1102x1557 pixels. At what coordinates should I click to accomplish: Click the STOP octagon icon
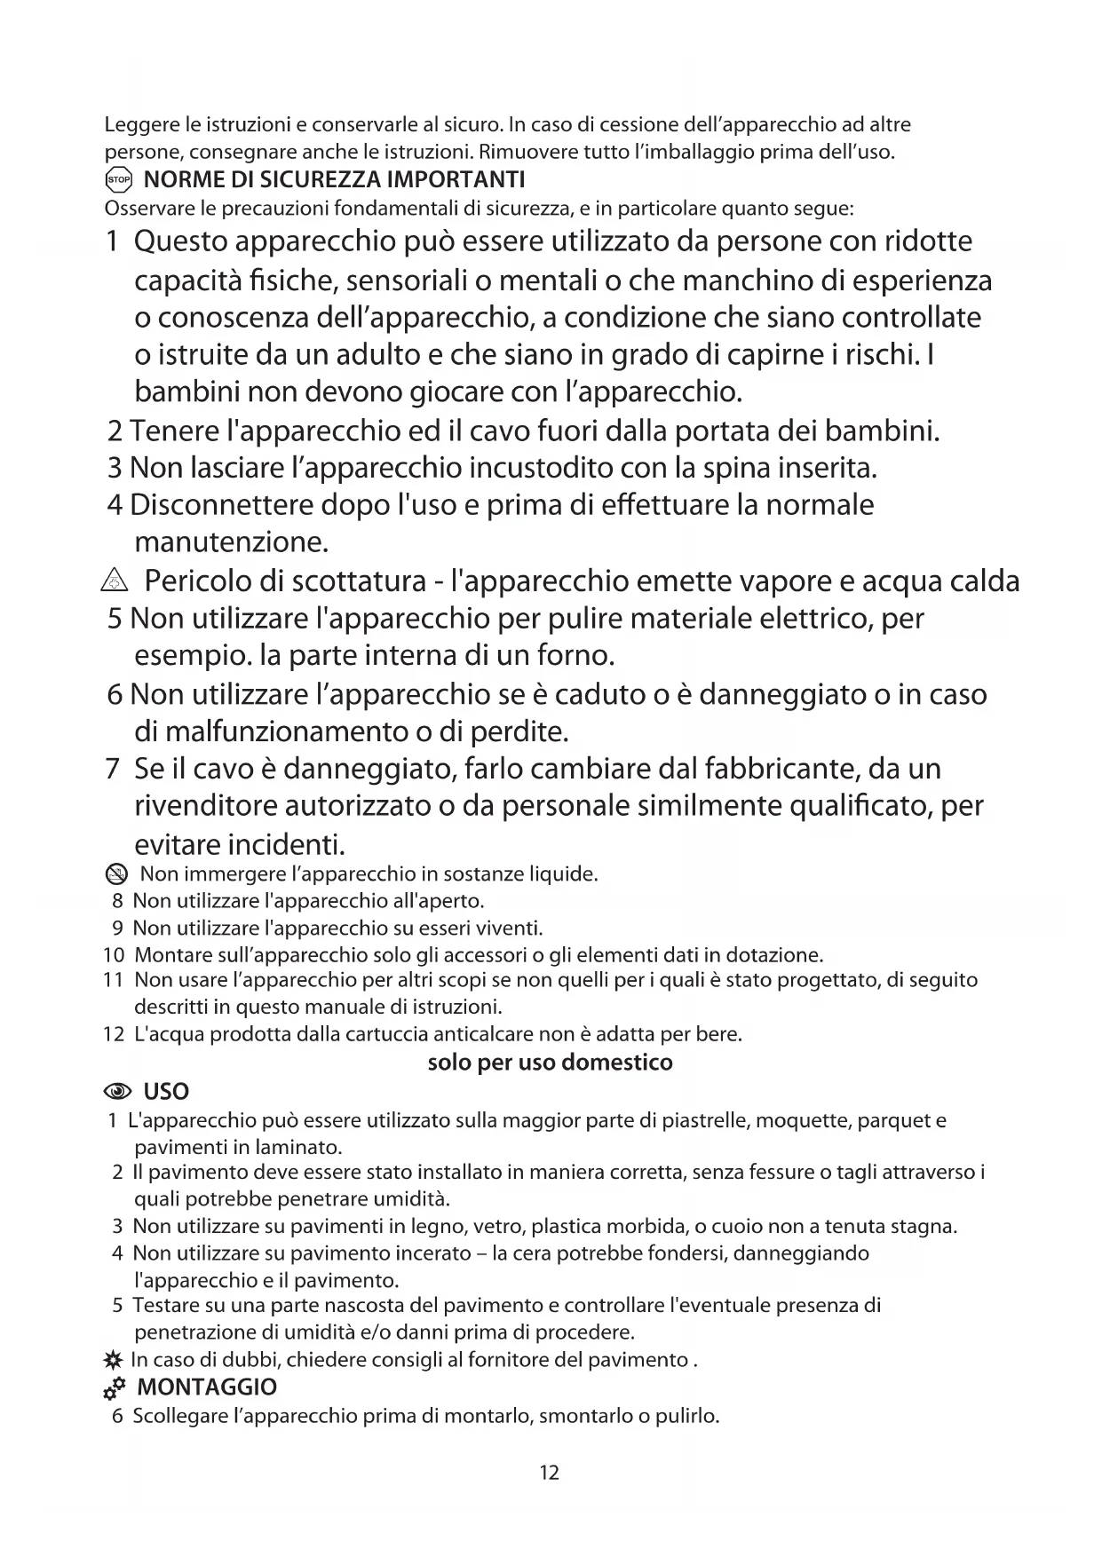click(118, 180)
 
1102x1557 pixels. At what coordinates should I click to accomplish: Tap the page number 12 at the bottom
click(549, 1473)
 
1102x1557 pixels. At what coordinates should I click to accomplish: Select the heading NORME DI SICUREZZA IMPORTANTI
click(334, 180)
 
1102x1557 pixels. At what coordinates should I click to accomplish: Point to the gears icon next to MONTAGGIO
click(115, 1387)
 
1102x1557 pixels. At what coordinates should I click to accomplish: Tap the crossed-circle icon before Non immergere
click(116, 875)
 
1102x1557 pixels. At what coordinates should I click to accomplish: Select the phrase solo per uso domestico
click(550, 1063)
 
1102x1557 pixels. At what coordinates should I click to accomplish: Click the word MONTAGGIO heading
click(207, 1387)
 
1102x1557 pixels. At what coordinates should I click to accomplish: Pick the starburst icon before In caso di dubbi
click(113, 1360)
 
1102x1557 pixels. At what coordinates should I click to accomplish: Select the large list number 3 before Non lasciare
click(115, 467)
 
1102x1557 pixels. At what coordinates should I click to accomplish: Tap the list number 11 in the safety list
click(113, 980)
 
